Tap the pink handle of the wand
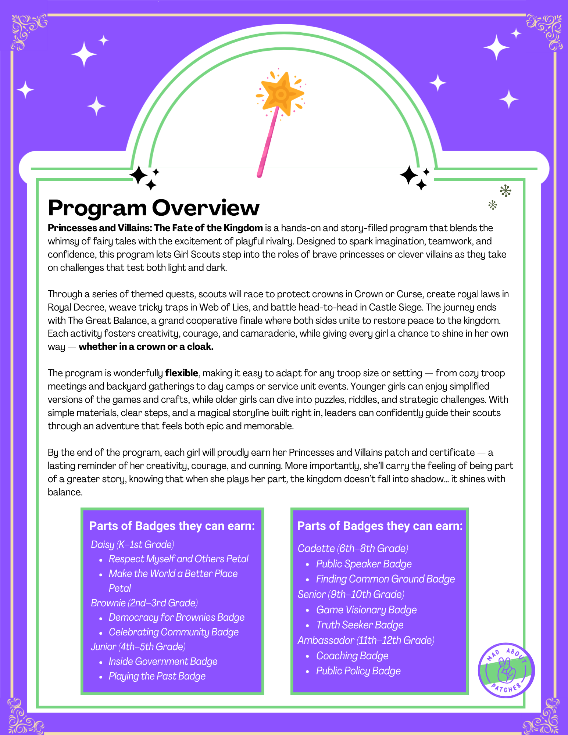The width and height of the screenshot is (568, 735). [268, 143]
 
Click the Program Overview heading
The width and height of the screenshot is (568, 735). [154, 208]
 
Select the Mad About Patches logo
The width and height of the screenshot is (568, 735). [506, 670]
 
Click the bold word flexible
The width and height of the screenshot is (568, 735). [182, 373]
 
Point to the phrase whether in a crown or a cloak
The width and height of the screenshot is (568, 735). [146, 347]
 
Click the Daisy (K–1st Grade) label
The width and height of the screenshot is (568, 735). [132, 544]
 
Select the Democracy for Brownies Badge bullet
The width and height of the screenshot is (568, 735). [176, 617]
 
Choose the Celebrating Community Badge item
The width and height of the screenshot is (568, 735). [174, 632]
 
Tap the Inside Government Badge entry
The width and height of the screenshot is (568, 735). [163, 661]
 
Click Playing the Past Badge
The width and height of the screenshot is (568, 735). [157, 676]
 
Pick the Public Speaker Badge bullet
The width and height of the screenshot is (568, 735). [364, 564]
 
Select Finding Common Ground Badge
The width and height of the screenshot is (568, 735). [385, 579]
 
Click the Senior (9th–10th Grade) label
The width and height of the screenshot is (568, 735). [351, 594]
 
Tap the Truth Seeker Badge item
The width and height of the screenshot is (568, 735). [360, 625]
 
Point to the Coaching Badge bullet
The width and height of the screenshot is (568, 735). [352, 656]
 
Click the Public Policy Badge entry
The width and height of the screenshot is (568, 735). [358, 671]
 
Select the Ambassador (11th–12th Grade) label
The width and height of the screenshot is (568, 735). [366, 640]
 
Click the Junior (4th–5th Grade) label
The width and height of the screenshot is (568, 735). [138, 647]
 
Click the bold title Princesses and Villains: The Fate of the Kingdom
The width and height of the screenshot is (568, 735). [155, 228]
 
